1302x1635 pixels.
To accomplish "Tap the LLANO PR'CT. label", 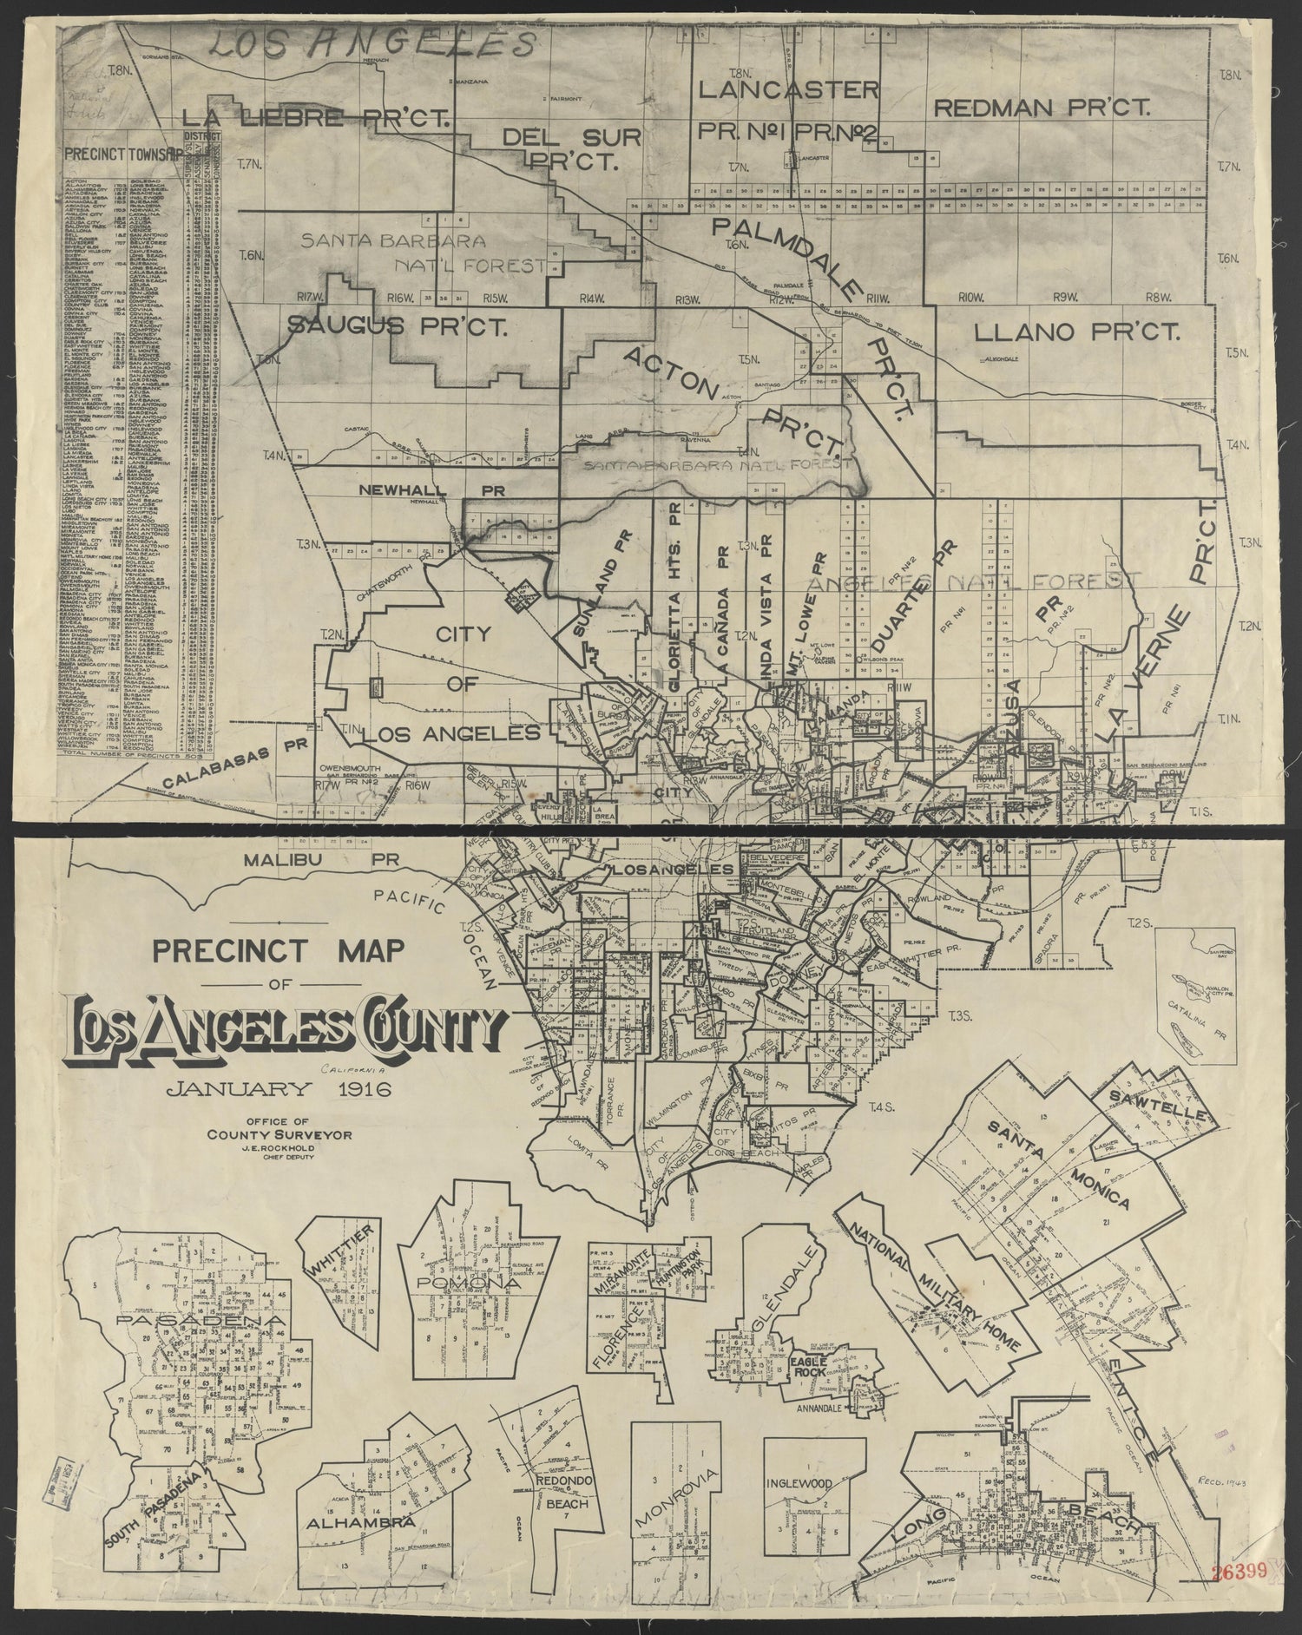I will (x=1075, y=332).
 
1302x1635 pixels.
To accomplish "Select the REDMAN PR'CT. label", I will (x=1042, y=108).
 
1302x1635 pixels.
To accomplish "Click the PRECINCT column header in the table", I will (x=94, y=154).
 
